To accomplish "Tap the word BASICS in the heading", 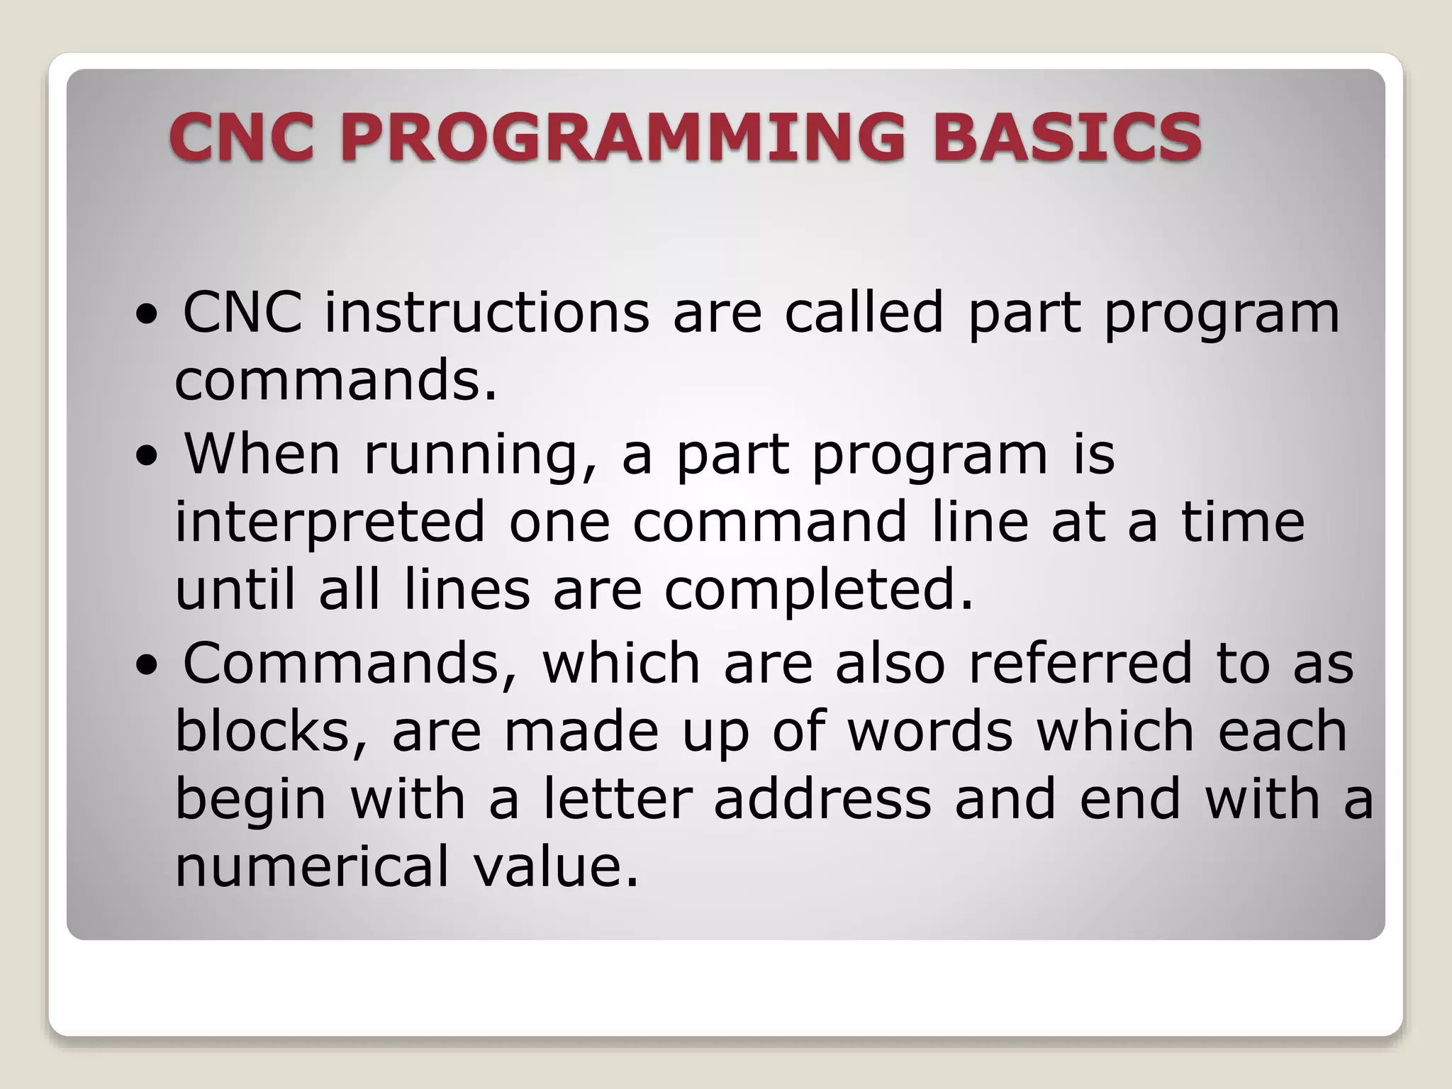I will click(1067, 136).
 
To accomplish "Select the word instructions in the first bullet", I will click(487, 312).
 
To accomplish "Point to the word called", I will click(864, 312).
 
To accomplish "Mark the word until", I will click(235, 590).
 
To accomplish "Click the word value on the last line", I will click(556, 866).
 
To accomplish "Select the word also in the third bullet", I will click(890, 662).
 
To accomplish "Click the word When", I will click(262, 454).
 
